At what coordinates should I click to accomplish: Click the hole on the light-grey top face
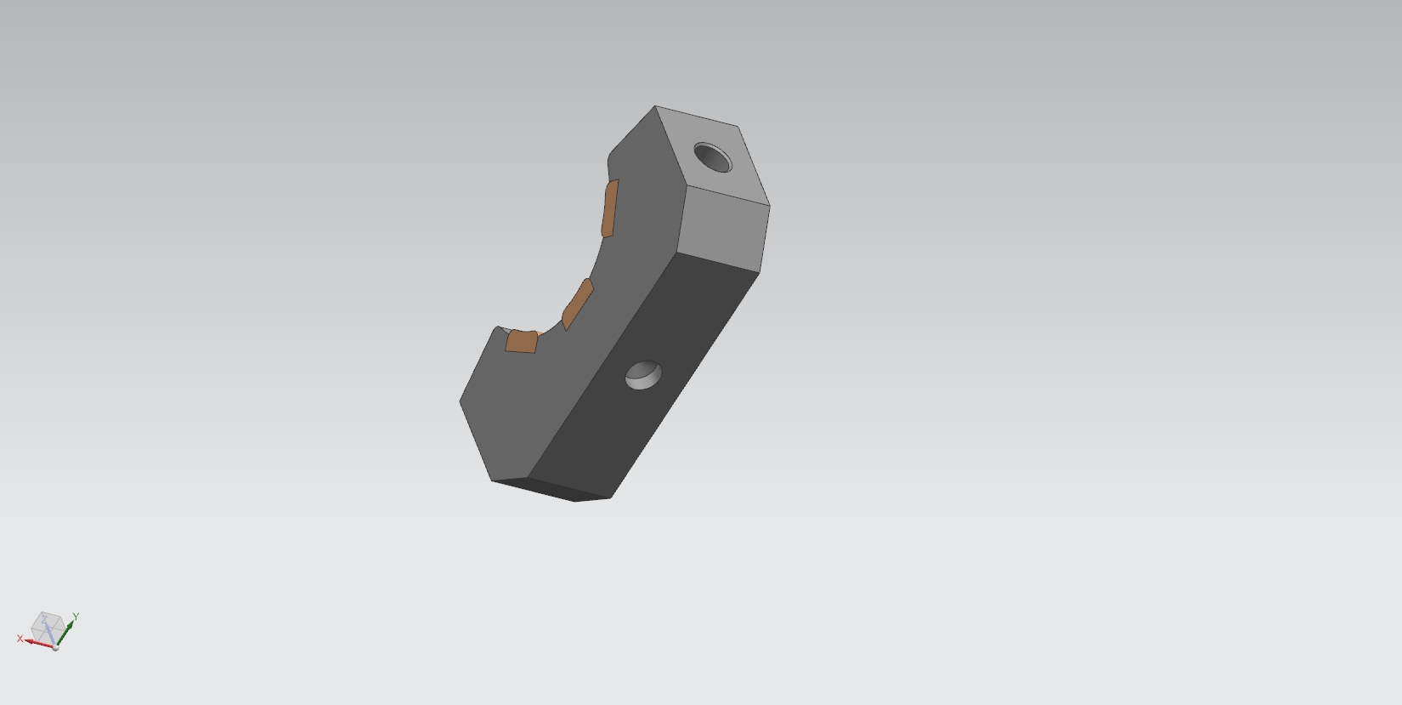(712, 157)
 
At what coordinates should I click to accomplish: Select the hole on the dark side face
(643, 375)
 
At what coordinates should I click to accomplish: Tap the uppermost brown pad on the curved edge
(610, 208)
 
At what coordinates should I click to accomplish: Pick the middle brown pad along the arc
(578, 303)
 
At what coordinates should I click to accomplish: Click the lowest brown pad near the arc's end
(522, 342)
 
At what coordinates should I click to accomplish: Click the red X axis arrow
(38, 642)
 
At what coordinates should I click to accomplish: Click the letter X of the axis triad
(20, 639)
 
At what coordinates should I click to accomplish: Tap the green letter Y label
(76, 617)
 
